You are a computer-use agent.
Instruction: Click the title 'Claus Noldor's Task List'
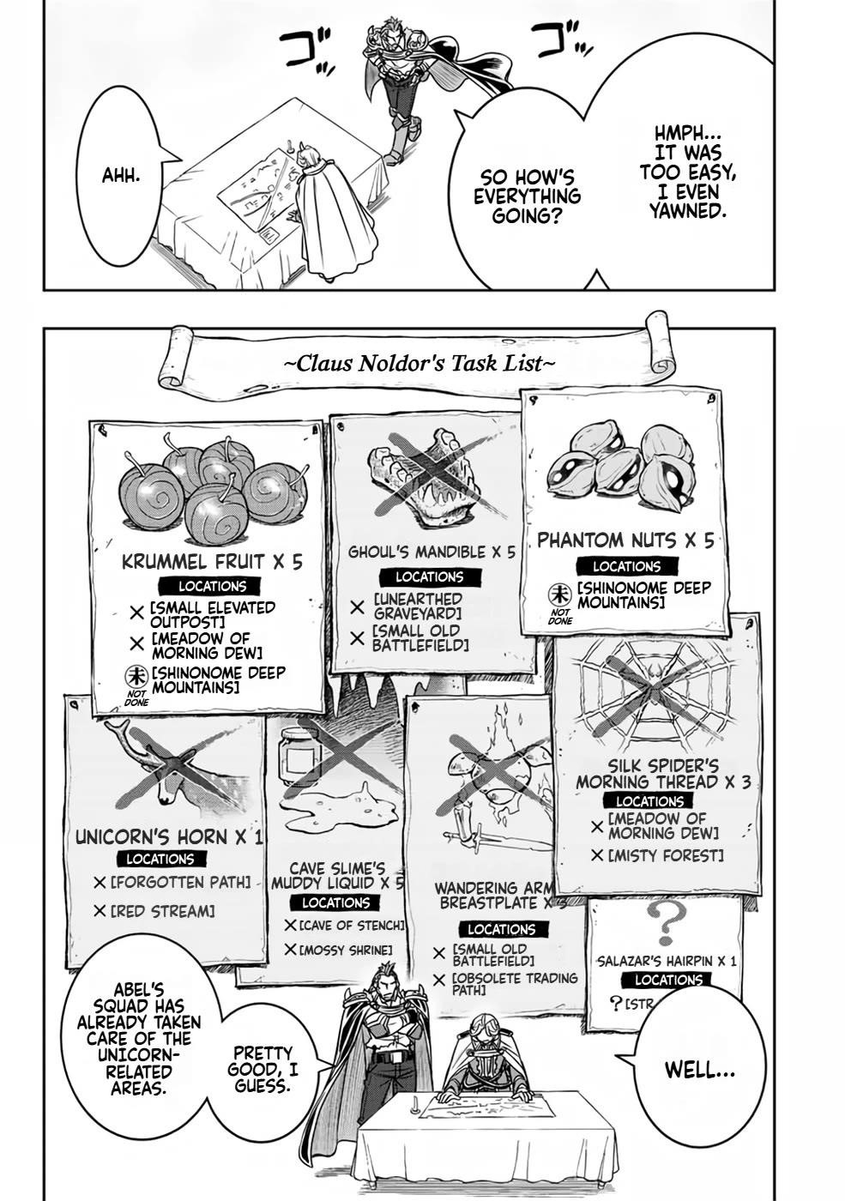[413, 363]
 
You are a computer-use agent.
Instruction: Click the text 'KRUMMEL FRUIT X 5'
[212, 562]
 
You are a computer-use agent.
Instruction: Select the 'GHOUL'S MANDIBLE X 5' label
[432, 552]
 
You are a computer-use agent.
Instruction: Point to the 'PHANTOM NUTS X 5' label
[625, 540]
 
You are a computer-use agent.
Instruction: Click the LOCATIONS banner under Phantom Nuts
[626, 566]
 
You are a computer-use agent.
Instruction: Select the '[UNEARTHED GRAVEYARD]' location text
[418, 606]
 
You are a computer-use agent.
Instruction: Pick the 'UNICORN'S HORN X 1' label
[169, 837]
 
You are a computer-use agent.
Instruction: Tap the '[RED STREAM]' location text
[162, 911]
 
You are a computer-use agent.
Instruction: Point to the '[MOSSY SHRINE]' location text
[347, 951]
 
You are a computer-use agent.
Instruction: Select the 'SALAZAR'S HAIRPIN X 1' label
[666, 961]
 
